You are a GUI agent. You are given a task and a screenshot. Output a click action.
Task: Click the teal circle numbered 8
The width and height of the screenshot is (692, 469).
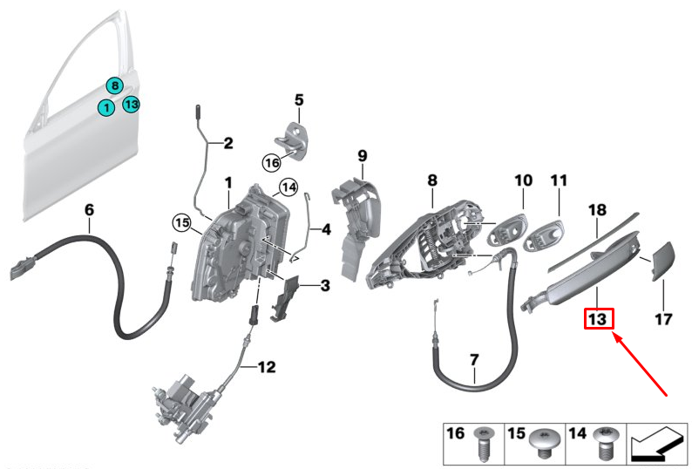tap(115, 85)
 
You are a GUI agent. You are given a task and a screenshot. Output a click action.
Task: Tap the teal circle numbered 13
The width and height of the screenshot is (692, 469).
tap(131, 105)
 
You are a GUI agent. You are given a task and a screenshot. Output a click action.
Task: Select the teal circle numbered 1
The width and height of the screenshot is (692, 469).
tap(106, 107)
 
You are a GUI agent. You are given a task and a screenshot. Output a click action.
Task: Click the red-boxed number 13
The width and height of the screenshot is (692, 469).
tap(599, 318)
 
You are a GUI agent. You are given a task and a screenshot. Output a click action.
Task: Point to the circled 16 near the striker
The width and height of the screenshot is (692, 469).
tap(272, 162)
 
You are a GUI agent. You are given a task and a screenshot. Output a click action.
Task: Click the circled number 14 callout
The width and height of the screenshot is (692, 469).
tap(288, 187)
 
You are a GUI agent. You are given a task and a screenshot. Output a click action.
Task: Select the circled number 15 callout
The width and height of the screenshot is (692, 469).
tap(182, 222)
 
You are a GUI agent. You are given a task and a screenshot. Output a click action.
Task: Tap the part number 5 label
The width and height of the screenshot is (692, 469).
tap(299, 99)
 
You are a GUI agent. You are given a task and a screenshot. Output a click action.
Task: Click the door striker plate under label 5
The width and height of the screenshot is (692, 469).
tap(292, 140)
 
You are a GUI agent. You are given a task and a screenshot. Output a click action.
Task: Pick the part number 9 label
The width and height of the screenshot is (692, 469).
tap(363, 156)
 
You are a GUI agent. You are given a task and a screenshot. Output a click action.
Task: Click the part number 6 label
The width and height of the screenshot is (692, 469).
tap(89, 209)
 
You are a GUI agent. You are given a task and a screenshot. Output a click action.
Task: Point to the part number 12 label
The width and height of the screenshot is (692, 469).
tap(267, 366)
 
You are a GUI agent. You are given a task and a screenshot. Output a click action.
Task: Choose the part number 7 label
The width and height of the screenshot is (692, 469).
tap(474, 360)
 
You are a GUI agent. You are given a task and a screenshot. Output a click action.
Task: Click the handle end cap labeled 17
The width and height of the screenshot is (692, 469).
tap(663, 261)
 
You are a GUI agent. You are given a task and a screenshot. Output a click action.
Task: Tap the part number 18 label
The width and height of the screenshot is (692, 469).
tap(598, 210)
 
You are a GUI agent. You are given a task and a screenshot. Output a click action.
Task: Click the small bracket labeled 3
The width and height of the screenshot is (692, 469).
tap(285, 298)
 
